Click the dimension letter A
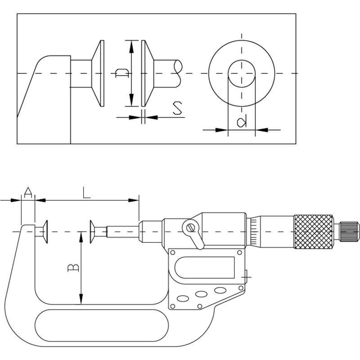point(28,193)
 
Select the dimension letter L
point(86,193)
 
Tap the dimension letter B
point(73,268)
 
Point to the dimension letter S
point(177,108)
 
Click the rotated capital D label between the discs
point(121,73)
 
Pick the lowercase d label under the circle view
point(242,122)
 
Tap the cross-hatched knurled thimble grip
point(313,232)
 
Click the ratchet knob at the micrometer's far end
point(349,232)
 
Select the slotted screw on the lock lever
point(191,228)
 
